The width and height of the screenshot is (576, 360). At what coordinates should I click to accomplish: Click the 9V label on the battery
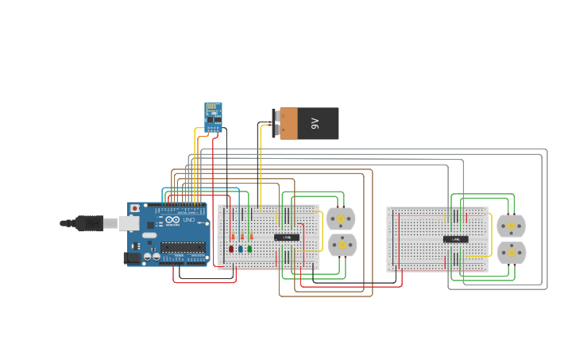(315, 123)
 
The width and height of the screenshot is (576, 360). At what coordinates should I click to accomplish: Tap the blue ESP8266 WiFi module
(213, 118)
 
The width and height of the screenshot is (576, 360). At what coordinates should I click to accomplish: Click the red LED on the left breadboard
(231, 249)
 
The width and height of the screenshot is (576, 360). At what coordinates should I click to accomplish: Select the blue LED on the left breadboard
(241, 249)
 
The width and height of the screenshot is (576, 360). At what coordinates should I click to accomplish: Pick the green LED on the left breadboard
(249, 249)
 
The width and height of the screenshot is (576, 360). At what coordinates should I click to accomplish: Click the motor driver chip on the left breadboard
(287, 237)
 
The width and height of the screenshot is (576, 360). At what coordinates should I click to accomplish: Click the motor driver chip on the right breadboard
(455, 238)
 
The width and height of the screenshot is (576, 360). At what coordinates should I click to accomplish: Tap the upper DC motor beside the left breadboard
(341, 219)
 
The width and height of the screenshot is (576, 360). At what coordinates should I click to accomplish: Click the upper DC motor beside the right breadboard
(511, 226)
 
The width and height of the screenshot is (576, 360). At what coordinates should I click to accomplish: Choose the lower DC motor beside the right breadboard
(511, 253)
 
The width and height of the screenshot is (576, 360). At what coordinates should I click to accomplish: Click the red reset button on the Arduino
(135, 208)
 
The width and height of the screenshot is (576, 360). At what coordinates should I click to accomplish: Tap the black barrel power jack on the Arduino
(132, 257)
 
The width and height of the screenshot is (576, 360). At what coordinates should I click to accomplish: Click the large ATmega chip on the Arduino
(184, 247)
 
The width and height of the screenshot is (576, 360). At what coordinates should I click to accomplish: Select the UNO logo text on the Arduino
(189, 220)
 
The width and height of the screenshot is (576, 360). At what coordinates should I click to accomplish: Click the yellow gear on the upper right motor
(511, 226)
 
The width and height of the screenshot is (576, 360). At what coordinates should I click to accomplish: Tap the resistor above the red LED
(232, 236)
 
